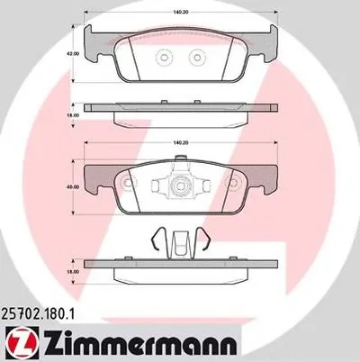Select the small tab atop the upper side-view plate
(x=180, y=101)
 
